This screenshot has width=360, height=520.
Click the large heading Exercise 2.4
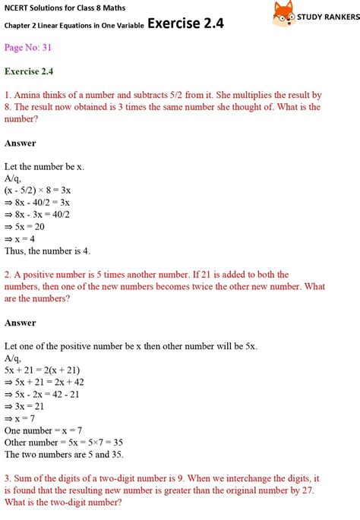tap(185, 23)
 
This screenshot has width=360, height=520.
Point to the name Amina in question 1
tap(29, 96)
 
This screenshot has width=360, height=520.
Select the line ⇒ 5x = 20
tap(25, 227)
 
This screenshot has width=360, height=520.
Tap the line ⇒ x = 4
tap(22, 239)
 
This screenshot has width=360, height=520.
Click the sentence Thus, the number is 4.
tap(48, 251)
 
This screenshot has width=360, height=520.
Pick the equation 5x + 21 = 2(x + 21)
tap(41, 370)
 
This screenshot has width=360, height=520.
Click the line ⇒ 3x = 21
tap(25, 406)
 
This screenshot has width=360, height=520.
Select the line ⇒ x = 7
tap(22, 418)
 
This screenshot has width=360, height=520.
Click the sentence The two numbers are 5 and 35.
tap(64, 454)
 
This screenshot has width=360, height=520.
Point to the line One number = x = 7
tap(43, 430)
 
